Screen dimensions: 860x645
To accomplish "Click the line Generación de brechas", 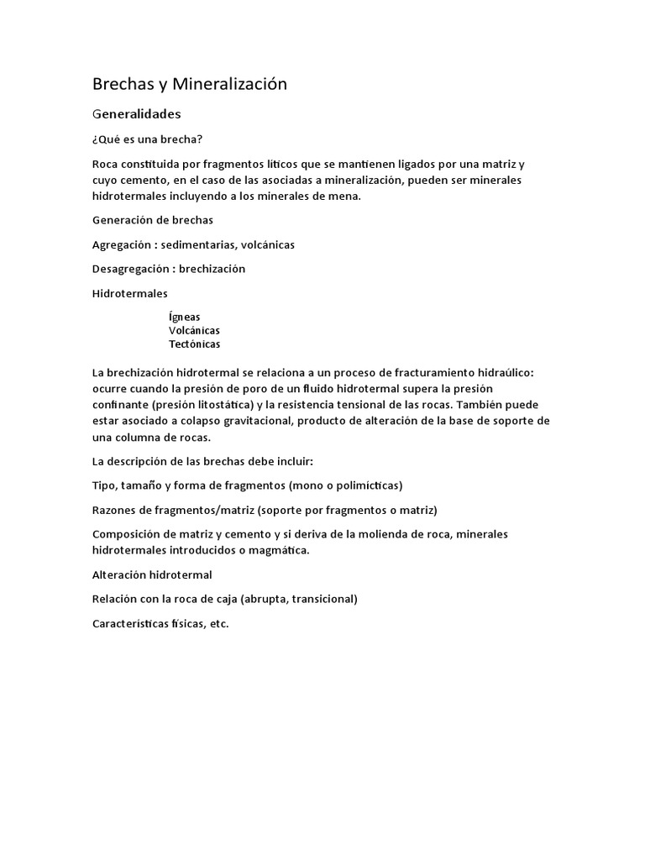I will tap(153, 220).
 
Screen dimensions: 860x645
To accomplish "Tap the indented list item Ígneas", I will tap(184, 317).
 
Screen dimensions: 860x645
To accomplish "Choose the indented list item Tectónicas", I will tap(194, 343).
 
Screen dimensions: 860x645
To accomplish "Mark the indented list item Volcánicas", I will tap(194, 330).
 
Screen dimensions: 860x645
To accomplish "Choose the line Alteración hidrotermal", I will tap(152, 574).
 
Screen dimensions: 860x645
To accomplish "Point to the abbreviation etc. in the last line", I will tap(218, 623).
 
